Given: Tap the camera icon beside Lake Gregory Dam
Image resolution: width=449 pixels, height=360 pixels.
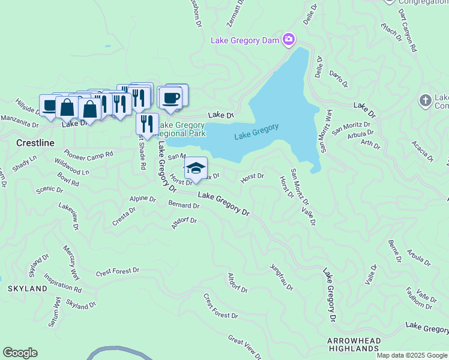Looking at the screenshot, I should (289, 40).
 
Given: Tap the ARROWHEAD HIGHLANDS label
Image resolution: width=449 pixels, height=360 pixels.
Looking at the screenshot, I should (354, 344).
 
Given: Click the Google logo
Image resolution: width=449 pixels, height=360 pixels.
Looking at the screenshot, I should (20, 353).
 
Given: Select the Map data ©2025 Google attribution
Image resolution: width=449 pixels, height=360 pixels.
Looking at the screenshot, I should (412, 355).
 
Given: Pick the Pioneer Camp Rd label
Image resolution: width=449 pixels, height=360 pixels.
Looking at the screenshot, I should (88, 154).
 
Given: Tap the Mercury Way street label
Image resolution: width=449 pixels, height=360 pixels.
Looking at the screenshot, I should (71, 262).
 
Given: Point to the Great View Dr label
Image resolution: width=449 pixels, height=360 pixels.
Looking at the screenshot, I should (244, 347).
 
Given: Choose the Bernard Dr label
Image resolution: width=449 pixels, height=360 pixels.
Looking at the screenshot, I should (184, 205).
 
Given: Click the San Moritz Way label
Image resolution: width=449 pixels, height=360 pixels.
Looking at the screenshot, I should (326, 131).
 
